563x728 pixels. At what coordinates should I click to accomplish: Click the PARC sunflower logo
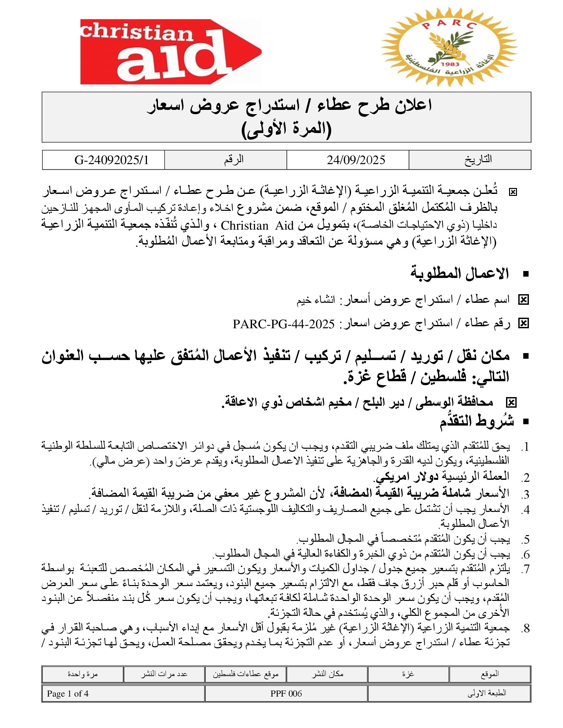[449, 47]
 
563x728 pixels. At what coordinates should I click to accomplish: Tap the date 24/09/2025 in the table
[356, 160]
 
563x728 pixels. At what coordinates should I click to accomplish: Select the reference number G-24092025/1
[111, 160]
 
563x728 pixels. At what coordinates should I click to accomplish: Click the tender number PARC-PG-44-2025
[283, 324]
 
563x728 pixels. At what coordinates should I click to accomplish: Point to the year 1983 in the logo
[450, 64]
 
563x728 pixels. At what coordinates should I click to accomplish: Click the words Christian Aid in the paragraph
[244, 226]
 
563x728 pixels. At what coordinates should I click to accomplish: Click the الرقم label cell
[233, 159]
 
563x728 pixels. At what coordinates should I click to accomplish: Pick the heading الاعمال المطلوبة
[460, 274]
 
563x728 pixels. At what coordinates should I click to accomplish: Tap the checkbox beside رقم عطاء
[523, 323]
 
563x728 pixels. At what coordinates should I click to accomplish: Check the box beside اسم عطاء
[523, 300]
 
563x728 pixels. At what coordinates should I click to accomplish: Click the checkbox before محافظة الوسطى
[511, 403]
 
